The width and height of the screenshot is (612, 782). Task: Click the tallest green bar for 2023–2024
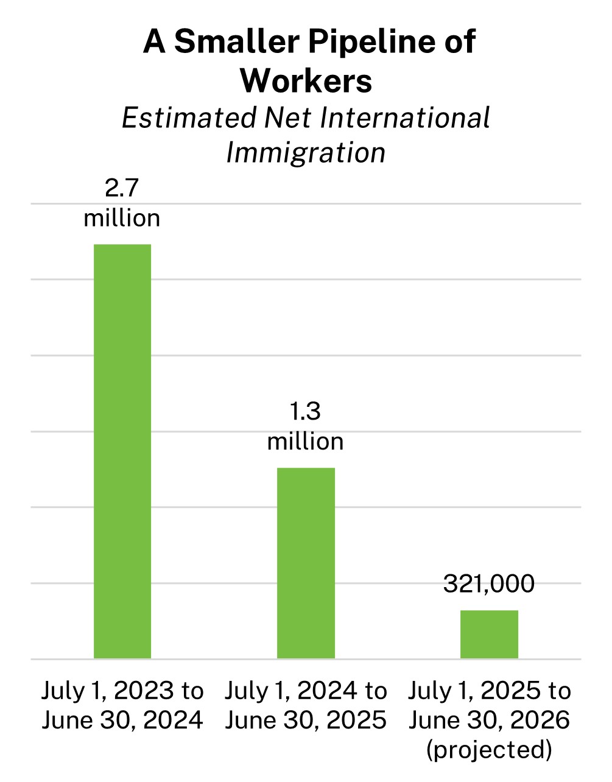click(x=122, y=451)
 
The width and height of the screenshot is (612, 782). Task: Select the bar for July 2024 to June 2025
click(x=306, y=563)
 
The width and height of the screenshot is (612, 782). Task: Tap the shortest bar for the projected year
click(x=489, y=634)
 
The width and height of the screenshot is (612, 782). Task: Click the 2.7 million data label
click(x=122, y=203)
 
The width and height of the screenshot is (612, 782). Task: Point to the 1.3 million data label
click(x=305, y=427)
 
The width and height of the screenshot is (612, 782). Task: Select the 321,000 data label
click(x=489, y=583)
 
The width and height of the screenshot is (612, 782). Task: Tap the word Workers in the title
click(x=306, y=80)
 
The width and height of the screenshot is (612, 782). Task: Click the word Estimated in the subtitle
click(x=189, y=118)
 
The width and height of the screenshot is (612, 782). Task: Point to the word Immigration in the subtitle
click(x=306, y=152)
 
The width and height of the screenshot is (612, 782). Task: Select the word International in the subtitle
click(x=405, y=118)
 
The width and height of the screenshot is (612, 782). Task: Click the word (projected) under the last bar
click(x=489, y=750)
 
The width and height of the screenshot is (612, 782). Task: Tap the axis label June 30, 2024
click(x=122, y=720)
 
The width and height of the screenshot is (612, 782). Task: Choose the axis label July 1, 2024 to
click(x=306, y=691)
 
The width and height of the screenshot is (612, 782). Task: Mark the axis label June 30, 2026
click(x=489, y=720)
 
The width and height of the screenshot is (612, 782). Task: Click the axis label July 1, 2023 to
click(x=122, y=691)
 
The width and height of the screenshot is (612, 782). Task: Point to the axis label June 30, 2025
click(x=306, y=720)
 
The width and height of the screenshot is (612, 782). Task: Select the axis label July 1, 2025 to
click(x=489, y=691)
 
